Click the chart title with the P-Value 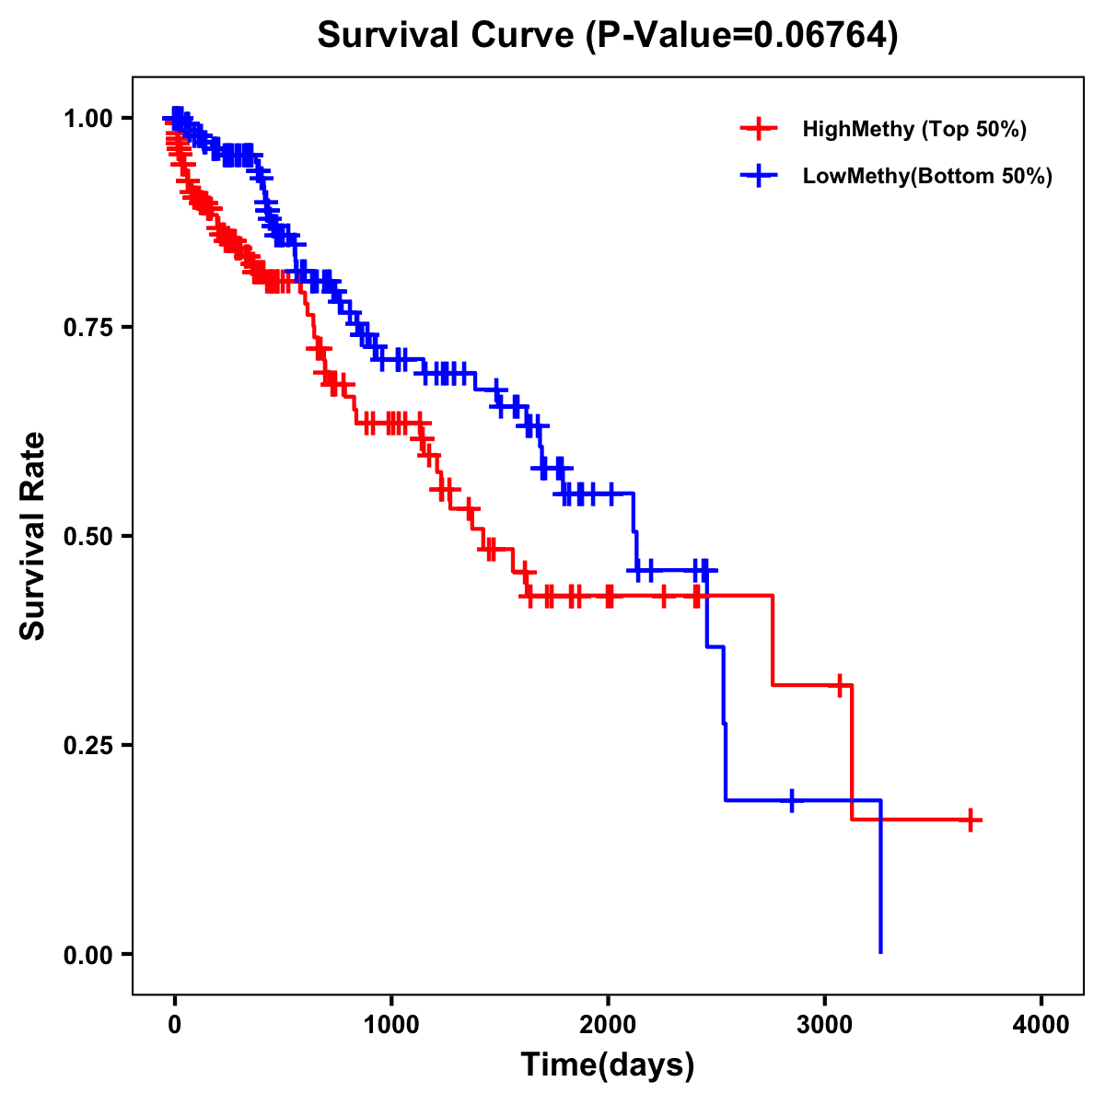point(607,36)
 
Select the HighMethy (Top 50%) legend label point(913,129)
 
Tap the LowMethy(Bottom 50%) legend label point(927,177)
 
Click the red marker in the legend point(758,129)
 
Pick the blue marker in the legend point(758,177)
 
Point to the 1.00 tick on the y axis point(88,119)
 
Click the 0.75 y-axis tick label point(88,328)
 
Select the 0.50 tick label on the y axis point(88,537)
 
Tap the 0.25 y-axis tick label point(88,746)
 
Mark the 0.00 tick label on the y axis point(88,955)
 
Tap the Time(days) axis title point(608,1065)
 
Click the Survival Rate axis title point(33,536)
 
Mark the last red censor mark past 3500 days point(971,820)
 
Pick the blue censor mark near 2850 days point(791,800)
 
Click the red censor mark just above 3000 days point(839,685)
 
